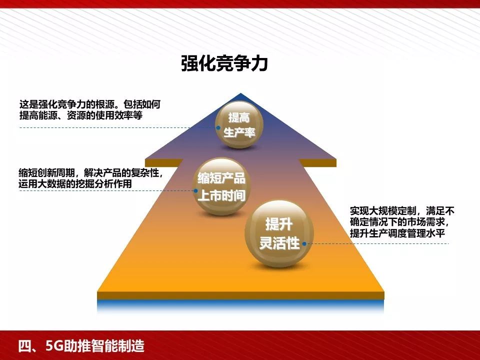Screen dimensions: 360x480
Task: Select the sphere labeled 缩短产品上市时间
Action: click(x=221, y=186)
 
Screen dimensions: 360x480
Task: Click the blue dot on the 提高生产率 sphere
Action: click(x=218, y=128)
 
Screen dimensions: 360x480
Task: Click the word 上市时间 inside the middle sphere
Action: click(x=221, y=195)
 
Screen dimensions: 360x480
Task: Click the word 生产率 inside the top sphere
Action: click(x=239, y=133)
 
